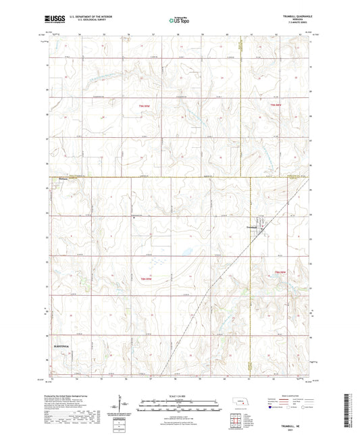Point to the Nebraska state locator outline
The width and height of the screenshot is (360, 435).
point(238,403)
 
